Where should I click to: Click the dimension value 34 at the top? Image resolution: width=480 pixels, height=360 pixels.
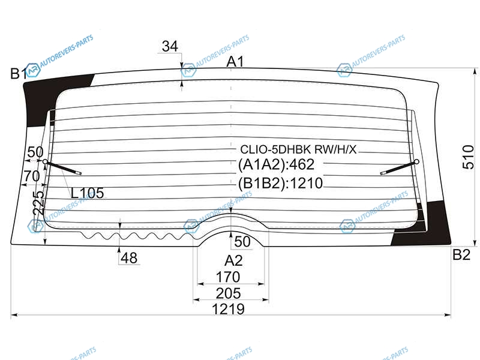coord(170,46)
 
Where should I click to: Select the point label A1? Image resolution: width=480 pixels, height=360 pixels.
coord(235,62)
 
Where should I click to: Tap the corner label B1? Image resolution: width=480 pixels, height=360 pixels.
coord(19,74)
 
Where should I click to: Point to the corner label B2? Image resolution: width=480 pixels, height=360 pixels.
coord(461,254)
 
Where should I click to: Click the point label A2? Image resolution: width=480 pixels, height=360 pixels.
coord(233,261)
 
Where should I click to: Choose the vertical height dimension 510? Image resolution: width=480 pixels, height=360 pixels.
coord(468,157)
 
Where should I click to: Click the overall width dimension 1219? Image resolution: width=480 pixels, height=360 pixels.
coord(229,309)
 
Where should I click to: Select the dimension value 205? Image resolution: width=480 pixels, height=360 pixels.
coord(228,293)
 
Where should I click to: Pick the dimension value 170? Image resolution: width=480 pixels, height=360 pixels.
coord(228,277)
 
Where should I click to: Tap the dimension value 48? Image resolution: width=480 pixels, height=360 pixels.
coord(129,258)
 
